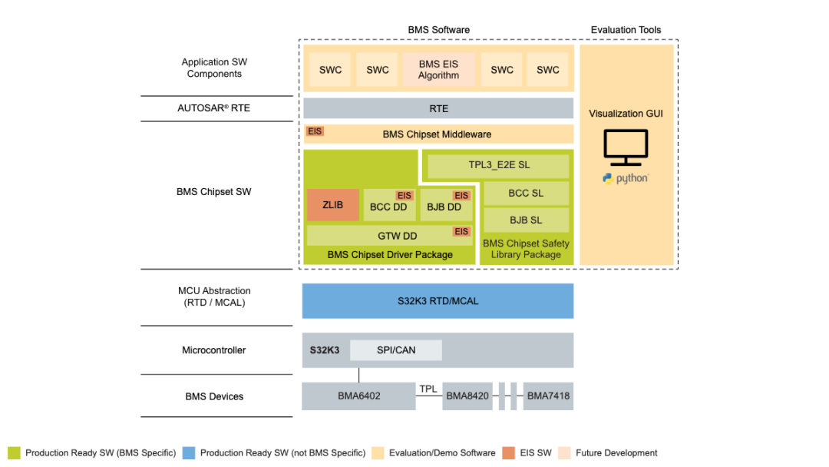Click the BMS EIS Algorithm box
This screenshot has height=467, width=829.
coord(439,69)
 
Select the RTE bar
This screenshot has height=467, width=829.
coord(438,108)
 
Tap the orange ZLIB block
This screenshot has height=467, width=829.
coord(333,204)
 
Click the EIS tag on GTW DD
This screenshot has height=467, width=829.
coord(461,232)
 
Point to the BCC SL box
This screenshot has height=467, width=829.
coord(526,194)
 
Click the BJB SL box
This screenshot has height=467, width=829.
coord(526,220)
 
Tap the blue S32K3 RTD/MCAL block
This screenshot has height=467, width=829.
coord(438,301)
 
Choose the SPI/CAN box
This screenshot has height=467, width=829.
coord(396,350)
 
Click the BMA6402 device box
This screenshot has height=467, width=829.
coord(358,396)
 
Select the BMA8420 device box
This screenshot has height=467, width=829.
coord(467,396)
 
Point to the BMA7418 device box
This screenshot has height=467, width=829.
coord(548,396)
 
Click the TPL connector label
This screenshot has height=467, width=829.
coord(428,389)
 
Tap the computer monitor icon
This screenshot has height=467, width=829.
coord(626,147)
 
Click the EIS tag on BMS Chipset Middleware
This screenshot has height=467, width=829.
coord(315,131)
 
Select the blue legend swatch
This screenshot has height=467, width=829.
coord(189,452)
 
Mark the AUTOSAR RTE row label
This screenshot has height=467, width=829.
coord(213,108)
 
